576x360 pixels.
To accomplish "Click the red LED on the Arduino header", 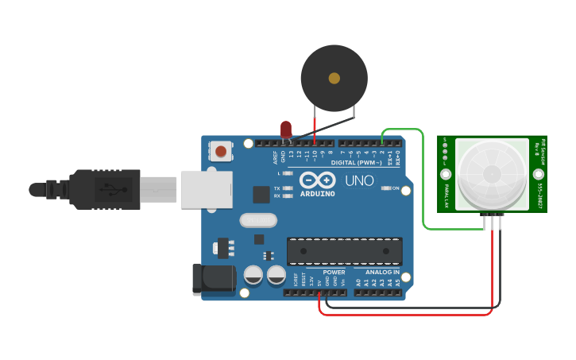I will [286, 129].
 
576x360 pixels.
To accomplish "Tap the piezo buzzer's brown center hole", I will [334, 78].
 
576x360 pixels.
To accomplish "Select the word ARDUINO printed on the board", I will [317, 193].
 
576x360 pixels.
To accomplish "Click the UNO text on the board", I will [359, 180].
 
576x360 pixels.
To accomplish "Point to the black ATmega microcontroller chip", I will [344, 251].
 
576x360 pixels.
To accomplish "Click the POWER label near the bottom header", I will [334, 272].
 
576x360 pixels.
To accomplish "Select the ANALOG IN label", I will [382, 272].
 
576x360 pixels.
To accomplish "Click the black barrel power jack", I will [213, 278].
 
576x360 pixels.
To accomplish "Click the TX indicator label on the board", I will [276, 188].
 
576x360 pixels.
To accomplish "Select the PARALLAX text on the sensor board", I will [447, 195].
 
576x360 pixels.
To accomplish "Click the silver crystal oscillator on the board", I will [257, 219].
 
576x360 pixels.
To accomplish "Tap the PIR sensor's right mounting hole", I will [539, 174].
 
